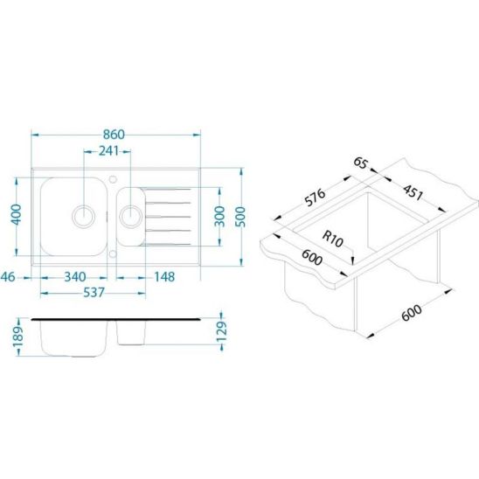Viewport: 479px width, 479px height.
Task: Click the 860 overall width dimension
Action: (114, 135)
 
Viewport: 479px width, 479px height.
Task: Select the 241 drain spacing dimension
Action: (108, 151)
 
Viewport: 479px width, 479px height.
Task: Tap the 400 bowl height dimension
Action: (17, 214)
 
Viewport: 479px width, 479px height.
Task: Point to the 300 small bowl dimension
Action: (219, 216)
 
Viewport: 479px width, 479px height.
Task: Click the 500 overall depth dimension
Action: (241, 217)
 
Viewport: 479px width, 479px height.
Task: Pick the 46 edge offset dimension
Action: (8, 277)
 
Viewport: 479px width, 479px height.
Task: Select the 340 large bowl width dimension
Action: (75, 277)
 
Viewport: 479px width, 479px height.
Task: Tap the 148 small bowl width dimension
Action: (164, 277)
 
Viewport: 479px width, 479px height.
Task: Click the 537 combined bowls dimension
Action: (94, 293)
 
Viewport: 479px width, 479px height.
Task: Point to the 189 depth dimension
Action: (18, 337)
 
